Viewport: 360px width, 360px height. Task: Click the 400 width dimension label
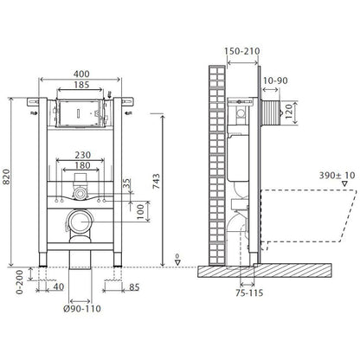tap(81, 74)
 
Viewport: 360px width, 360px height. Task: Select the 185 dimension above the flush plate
tap(81, 85)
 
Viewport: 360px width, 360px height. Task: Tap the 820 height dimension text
tap(6, 177)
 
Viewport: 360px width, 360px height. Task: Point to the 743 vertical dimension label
tap(156, 181)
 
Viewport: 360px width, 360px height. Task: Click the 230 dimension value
tap(83, 155)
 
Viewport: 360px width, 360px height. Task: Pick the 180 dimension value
tap(83, 165)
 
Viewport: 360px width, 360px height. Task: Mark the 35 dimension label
tap(126, 183)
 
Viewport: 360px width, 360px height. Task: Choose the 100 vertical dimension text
tap(140, 212)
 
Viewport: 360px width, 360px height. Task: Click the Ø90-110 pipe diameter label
tap(82, 309)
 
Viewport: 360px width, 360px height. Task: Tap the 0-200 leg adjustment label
tap(20, 282)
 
